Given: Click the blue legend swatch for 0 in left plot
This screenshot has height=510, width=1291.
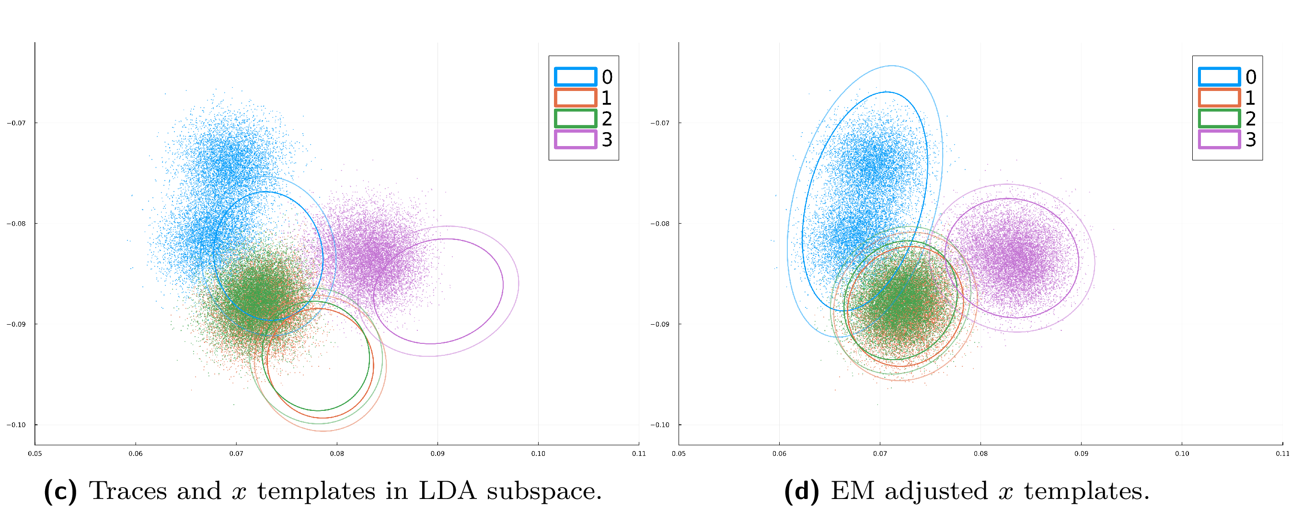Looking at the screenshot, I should [x=576, y=77].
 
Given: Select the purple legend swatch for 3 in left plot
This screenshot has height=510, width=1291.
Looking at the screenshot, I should [x=576, y=139].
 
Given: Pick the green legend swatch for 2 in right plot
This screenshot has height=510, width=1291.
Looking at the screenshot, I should [x=1219, y=118].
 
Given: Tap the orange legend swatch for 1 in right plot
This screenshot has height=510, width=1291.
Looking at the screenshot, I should [x=1219, y=97].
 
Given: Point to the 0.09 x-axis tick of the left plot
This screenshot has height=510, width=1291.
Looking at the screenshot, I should [x=438, y=453].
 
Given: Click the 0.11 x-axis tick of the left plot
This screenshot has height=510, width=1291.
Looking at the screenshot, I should [x=638, y=453].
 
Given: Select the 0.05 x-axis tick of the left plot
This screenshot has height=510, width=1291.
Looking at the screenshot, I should [x=35, y=453].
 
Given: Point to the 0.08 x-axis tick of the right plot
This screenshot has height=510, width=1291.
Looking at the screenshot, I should [x=981, y=453].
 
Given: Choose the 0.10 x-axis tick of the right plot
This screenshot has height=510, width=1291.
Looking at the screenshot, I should [x=1182, y=453].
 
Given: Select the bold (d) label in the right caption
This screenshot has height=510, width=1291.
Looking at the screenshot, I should [x=801, y=491].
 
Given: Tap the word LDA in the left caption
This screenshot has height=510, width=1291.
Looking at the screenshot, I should [x=447, y=491].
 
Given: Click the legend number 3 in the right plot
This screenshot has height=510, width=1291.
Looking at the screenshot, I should [x=1251, y=139].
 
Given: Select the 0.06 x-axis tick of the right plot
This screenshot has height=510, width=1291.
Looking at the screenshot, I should [x=779, y=453].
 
